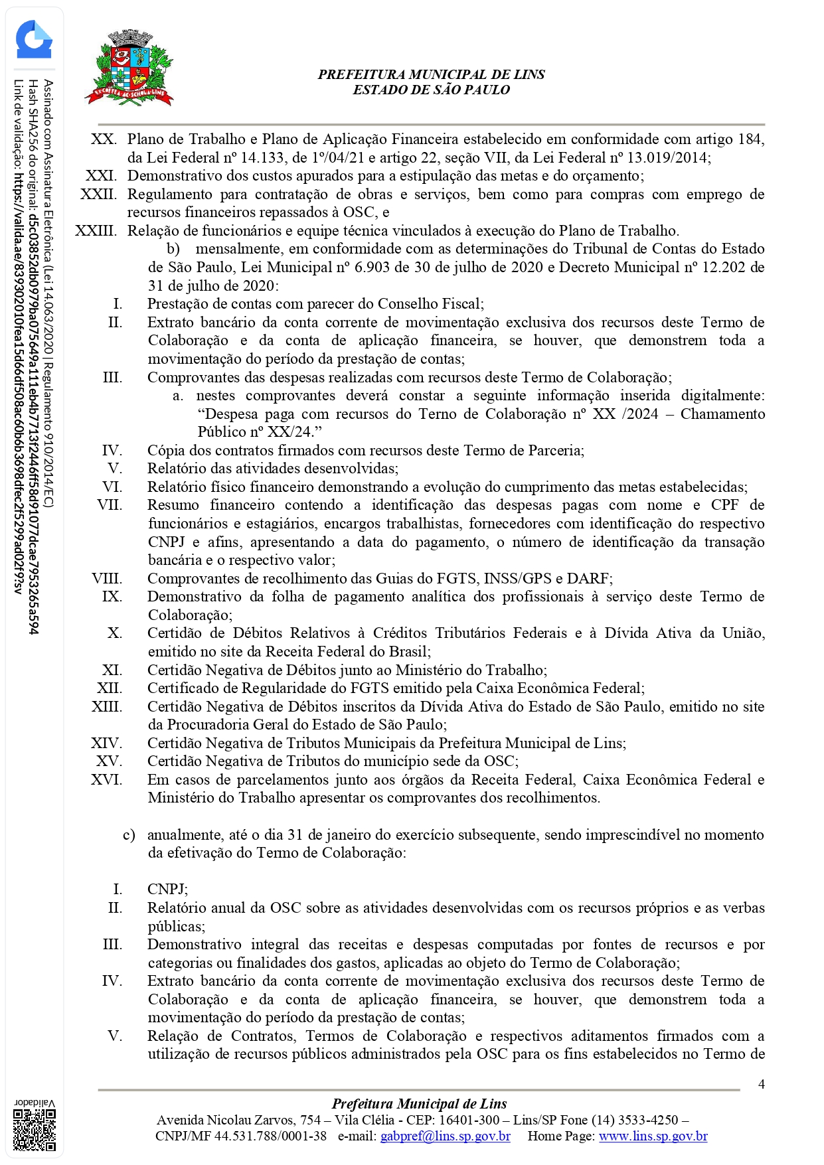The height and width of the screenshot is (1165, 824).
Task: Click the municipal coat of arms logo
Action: tap(129, 68)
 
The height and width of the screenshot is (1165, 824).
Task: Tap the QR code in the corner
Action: tap(35, 1129)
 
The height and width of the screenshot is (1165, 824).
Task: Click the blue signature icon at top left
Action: tap(34, 40)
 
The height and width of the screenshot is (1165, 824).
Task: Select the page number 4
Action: tap(761, 1085)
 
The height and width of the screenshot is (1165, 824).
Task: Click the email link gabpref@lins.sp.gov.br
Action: tap(445, 1136)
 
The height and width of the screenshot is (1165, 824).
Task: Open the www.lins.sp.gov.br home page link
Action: tap(653, 1136)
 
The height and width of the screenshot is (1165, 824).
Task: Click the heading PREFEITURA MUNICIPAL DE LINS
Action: tap(431, 75)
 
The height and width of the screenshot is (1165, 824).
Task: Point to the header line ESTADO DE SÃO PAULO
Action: tap(431, 90)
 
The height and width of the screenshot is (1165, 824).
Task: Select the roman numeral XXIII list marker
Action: tap(96, 231)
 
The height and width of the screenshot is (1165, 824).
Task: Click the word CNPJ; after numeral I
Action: tap(167, 890)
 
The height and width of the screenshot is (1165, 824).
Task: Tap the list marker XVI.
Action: tap(106, 779)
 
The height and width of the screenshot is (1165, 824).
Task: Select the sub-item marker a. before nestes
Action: tap(178, 396)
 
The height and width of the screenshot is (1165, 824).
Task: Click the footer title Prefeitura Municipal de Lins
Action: tap(419, 1104)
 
